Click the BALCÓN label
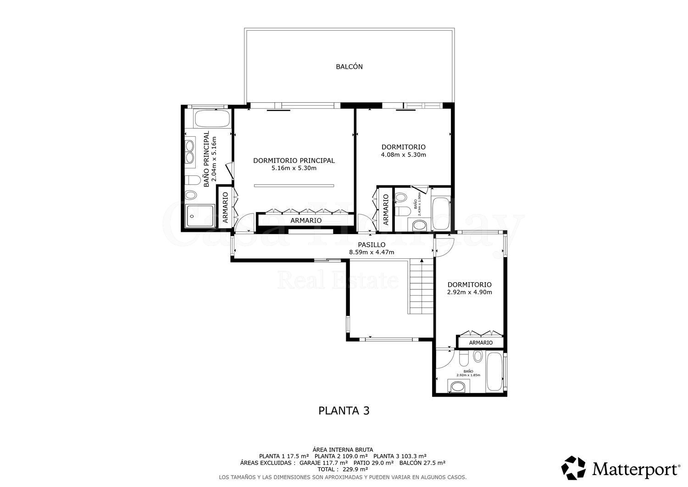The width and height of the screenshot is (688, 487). pos(349,67)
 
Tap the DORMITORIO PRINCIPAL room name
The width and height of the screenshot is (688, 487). pos(294,161)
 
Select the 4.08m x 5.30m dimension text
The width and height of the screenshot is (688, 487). pos(403,155)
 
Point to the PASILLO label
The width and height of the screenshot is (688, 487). pos(372,245)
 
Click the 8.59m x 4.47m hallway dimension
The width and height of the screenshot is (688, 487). pos(372,252)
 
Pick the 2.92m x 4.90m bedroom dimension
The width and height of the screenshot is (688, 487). pos(469,292)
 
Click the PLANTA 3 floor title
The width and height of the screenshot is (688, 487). pos(344,410)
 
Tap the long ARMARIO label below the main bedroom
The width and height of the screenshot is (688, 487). pos(306,220)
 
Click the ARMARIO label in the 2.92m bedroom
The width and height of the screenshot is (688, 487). pos(481,343)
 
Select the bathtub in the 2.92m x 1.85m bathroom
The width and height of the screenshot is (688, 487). pos(494,373)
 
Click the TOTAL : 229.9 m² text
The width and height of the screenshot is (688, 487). pos(343,470)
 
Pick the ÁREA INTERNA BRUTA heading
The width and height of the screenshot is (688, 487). pos(343,449)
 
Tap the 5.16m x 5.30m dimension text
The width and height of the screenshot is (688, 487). pos(294,168)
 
